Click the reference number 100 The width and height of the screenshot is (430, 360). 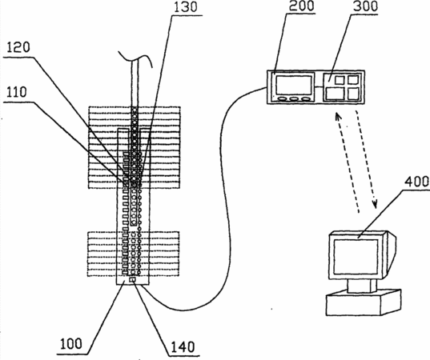[71, 343]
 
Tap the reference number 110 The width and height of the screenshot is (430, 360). [17, 92]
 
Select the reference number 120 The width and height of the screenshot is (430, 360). [18, 47]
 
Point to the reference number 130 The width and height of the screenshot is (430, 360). [186, 6]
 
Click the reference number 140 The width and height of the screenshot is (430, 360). [183, 347]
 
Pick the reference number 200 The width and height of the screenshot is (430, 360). [301, 6]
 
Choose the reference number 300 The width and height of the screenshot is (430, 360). [365, 6]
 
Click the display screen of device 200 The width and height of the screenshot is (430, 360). [294, 85]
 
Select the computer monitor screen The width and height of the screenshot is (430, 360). [356, 257]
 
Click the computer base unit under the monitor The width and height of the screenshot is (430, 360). [364, 303]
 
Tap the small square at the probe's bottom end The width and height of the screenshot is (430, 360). [132, 280]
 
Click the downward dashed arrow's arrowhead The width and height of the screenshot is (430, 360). [375, 203]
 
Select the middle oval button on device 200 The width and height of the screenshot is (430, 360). [294, 99]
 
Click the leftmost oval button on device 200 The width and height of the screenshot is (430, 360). [283, 99]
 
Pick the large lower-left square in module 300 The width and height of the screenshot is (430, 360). [335, 94]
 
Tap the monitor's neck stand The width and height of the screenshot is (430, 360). [362, 286]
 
